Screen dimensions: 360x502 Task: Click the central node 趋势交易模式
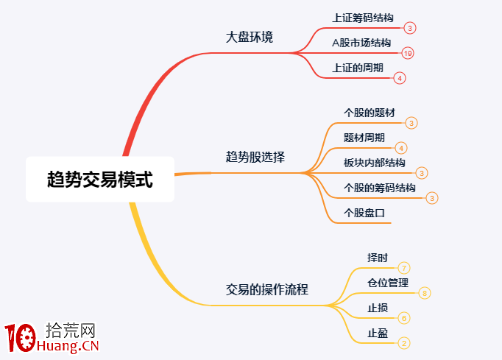100,179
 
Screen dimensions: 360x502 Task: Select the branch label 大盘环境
250,37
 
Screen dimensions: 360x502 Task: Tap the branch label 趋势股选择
255,157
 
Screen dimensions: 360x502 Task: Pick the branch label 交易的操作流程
267,289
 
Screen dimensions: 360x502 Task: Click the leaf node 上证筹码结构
362,18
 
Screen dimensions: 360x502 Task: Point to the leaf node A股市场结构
361,43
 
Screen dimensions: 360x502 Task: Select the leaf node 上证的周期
358,68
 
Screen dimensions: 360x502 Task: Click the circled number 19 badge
409,53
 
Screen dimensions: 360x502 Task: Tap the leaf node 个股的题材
370,113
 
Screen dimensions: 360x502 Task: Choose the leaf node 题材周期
364,138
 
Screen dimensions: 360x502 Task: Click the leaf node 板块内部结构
375,163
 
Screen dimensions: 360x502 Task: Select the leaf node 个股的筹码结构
380,188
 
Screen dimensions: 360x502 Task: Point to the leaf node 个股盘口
364,213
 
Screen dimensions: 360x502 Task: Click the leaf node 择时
378,258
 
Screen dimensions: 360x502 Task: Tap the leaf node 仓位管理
388,283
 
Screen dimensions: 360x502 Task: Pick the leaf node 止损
378,308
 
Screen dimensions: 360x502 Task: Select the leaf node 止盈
378,333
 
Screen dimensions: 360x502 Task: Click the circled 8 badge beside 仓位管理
425,293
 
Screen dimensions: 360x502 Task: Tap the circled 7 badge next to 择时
404,268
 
